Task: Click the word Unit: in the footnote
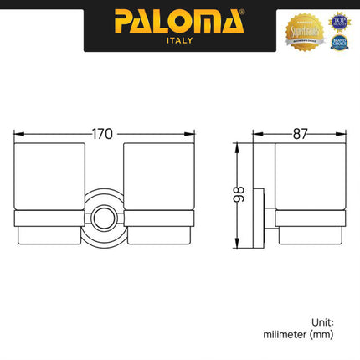tap(322, 321)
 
